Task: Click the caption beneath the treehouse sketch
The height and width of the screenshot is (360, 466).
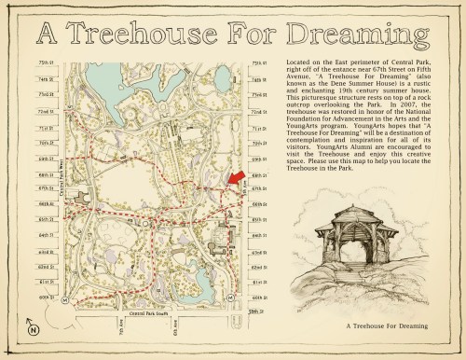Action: click(x=386, y=326)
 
